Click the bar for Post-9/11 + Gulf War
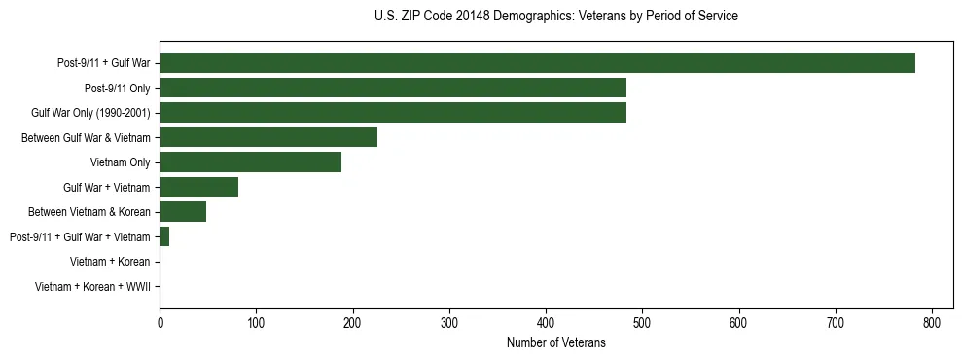click(x=537, y=63)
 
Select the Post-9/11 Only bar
click(x=393, y=88)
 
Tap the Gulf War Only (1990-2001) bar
click(x=393, y=113)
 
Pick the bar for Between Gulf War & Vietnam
click(x=268, y=137)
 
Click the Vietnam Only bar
click(x=250, y=162)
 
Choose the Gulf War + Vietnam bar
click(x=198, y=187)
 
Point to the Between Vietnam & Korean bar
click(x=183, y=212)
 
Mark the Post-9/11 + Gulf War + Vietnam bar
click(x=164, y=236)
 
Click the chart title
click(x=555, y=17)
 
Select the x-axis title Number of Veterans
click(x=555, y=342)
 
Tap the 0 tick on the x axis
click(x=160, y=323)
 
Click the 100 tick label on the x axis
click(x=256, y=323)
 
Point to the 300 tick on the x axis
click(x=449, y=323)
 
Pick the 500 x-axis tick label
click(x=642, y=323)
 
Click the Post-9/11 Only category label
click(x=118, y=88)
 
